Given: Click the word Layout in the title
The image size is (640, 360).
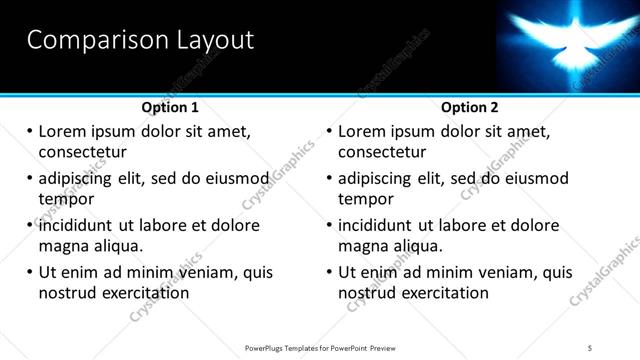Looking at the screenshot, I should pyautogui.click(x=211, y=40).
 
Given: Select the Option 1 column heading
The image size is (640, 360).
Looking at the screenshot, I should pyautogui.click(x=170, y=107).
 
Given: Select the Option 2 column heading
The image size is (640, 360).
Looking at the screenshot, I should pyautogui.click(x=470, y=107).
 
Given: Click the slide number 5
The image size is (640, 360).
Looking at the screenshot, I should pyautogui.click(x=590, y=347).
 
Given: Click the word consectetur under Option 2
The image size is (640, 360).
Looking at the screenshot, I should pyautogui.click(x=382, y=152).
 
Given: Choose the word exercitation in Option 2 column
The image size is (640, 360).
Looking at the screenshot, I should pyautogui.click(x=444, y=293).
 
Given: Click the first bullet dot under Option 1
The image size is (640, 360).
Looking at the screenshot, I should pyautogui.click(x=29, y=132).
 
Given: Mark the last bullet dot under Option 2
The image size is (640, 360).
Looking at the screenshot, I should pyautogui.click(x=329, y=272).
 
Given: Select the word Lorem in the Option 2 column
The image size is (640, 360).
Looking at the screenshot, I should pyautogui.click(x=361, y=132).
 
